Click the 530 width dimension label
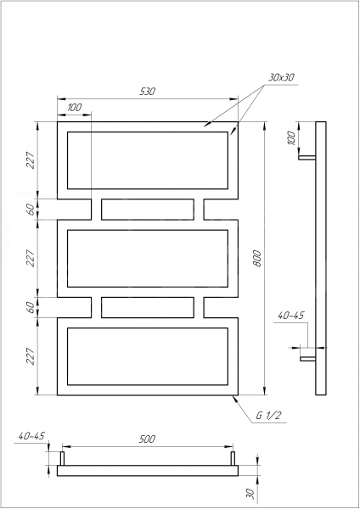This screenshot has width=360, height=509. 148,92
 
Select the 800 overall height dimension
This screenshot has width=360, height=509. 257,259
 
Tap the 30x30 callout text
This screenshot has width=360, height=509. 281,77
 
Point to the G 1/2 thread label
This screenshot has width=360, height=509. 267,416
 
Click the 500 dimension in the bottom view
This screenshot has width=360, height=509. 147,439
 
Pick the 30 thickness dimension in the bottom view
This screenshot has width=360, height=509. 250,494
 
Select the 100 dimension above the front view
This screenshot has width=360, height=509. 75,107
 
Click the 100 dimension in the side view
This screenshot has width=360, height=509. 292,138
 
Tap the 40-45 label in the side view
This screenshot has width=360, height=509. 290,316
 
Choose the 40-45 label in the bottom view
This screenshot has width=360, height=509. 31,436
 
